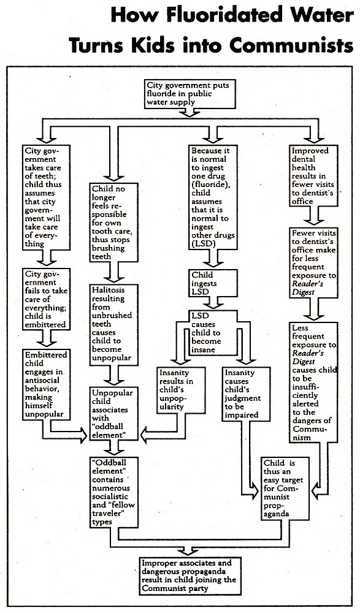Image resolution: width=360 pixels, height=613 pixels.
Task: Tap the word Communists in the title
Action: click(291, 45)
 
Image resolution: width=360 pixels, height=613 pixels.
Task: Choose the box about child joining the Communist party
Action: click(191, 576)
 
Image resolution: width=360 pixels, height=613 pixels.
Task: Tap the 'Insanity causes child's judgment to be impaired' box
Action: click(246, 394)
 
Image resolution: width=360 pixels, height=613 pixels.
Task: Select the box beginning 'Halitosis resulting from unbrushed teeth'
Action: click(114, 325)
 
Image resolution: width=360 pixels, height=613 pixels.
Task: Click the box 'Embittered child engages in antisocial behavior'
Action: click(47, 384)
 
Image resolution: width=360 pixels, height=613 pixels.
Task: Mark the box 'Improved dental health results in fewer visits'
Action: click(314, 175)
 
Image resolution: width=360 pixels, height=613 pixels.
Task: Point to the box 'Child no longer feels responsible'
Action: click(114, 223)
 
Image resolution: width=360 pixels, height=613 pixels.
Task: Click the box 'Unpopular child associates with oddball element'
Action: click(114, 414)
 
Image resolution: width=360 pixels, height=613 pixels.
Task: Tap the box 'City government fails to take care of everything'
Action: click(47, 299)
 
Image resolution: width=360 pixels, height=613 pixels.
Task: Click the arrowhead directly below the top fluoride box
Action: click(190, 113)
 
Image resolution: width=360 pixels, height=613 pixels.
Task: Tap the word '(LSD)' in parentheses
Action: click(201, 244)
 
